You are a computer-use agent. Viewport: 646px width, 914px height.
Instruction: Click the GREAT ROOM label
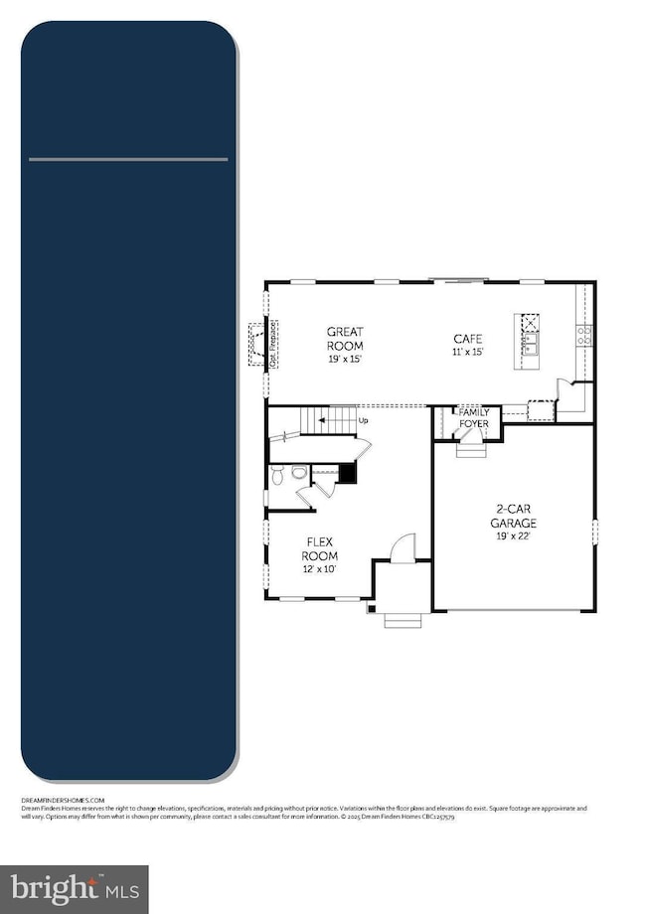pyautogui.click(x=346, y=339)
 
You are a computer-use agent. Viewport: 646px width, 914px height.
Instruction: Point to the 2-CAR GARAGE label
pyautogui.click(x=516, y=521)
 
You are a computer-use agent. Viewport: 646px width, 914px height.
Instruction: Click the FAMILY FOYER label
pyautogui.click(x=473, y=417)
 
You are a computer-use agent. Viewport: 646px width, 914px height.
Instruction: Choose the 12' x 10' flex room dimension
pyautogui.click(x=320, y=569)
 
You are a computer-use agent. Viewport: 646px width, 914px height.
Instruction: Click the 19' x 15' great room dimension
pyautogui.click(x=346, y=359)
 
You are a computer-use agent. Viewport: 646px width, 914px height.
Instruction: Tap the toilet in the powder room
pyautogui.click(x=280, y=474)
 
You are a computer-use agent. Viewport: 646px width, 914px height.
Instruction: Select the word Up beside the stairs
pyautogui.click(x=364, y=420)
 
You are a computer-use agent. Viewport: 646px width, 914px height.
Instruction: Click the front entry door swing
pyautogui.click(x=403, y=546)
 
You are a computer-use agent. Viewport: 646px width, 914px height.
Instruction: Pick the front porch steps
pyautogui.click(x=403, y=623)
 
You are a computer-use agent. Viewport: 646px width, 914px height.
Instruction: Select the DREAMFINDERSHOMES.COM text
pyautogui.click(x=63, y=799)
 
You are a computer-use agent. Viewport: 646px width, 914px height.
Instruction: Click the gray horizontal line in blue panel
pyautogui.click(x=128, y=159)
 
